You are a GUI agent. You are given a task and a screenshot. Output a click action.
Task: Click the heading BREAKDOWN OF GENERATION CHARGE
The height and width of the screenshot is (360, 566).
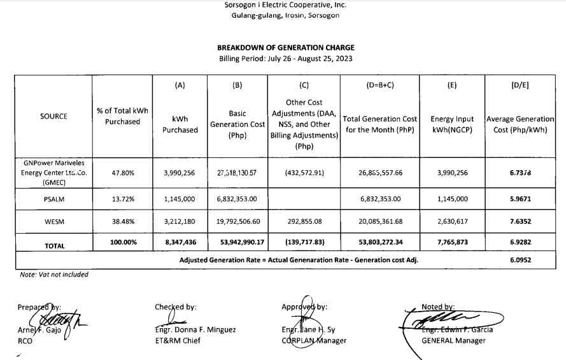tap(285, 48)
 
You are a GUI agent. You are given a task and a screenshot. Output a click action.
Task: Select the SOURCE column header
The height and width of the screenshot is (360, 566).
tap(53, 117)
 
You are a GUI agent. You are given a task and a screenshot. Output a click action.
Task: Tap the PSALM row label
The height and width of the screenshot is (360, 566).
tap(53, 199)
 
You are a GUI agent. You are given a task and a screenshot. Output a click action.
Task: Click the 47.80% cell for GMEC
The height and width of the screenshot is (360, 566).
tap(122, 173)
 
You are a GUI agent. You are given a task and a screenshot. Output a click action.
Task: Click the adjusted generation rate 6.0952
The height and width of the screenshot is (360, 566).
tap(520, 260)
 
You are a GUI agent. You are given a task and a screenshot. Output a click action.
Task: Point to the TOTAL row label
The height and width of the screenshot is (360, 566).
tap(53, 246)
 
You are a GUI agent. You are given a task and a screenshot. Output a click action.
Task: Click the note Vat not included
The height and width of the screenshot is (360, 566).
tap(53, 275)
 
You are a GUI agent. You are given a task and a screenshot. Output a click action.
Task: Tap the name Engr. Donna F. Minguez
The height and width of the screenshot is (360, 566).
tap(195, 329)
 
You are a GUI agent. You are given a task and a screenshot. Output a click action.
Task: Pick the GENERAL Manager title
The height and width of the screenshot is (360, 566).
tap(453, 340)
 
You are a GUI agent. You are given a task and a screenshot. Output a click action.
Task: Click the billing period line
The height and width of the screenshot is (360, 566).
tap(285, 59)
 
